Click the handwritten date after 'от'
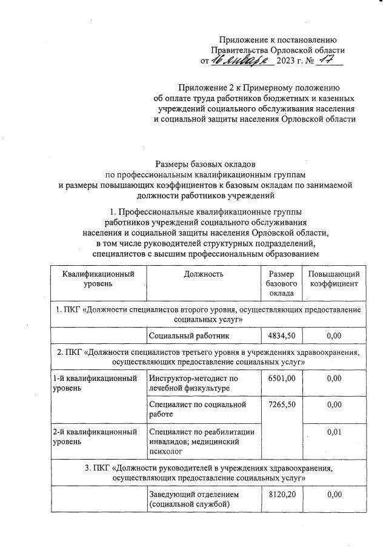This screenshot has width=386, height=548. pyautogui.click(x=241, y=61)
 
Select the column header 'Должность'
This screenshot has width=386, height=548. pyautogui.click(x=204, y=274)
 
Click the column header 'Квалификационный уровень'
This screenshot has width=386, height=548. pyautogui.click(x=99, y=279)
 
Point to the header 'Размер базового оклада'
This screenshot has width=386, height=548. pyautogui.click(x=281, y=283)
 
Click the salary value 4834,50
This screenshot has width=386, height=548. pyautogui.click(x=281, y=335)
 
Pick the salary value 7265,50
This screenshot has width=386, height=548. pyautogui.click(x=281, y=404)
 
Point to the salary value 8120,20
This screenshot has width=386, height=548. pyautogui.click(x=281, y=495)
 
